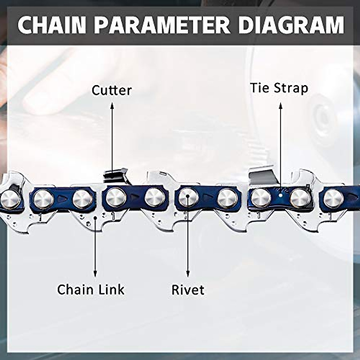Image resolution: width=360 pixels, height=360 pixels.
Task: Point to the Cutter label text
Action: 112,90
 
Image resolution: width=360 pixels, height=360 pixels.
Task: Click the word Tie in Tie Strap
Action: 260,88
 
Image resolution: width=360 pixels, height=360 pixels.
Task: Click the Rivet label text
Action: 188,290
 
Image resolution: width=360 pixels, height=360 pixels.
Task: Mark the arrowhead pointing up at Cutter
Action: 112,105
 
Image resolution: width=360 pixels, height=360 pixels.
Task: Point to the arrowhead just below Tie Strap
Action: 281,105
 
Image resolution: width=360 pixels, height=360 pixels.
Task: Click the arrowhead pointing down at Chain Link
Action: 95,273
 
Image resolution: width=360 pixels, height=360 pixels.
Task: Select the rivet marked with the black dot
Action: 188,197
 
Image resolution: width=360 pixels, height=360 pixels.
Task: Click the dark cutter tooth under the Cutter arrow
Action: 114,176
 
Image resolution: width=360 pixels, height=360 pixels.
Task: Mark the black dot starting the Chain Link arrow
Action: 95,218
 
